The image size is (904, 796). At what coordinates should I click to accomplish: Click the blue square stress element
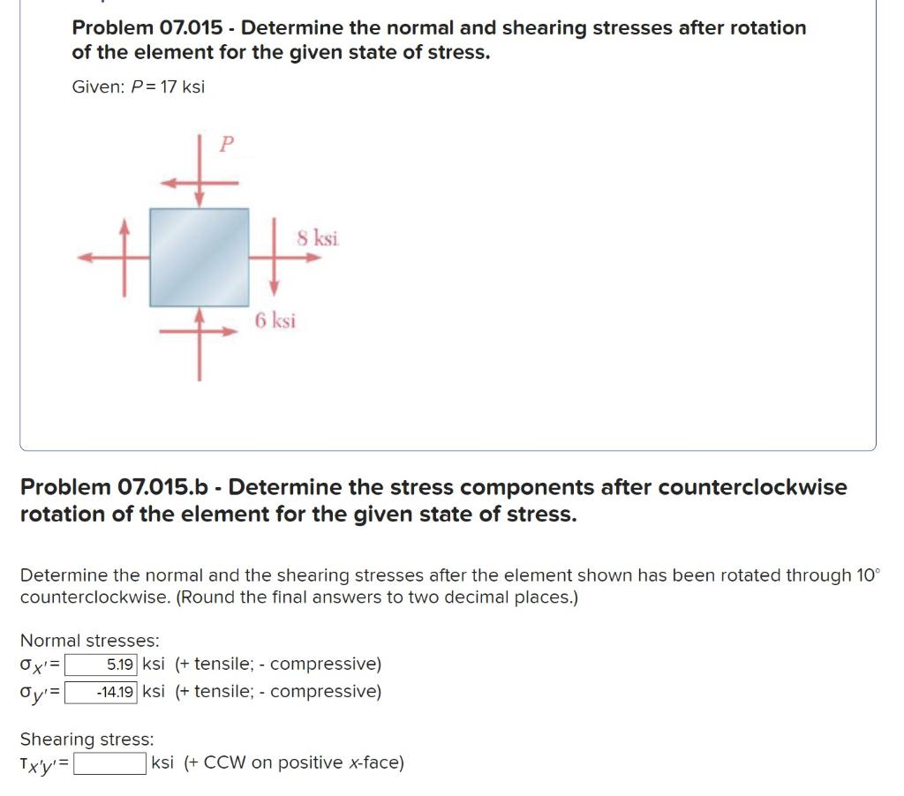(x=199, y=257)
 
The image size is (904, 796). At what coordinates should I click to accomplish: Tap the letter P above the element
(x=226, y=144)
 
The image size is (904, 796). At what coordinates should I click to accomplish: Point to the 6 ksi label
(x=275, y=320)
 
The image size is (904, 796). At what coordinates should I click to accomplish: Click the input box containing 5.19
(x=102, y=664)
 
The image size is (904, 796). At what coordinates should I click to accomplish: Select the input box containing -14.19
(x=102, y=691)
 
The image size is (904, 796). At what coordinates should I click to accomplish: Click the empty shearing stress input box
(x=110, y=762)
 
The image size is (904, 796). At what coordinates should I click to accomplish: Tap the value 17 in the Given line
(x=168, y=87)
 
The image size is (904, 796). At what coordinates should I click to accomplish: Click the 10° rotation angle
(x=868, y=575)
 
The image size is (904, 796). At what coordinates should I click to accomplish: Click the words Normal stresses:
(x=89, y=640)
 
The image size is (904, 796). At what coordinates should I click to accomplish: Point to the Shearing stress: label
(x=87, y=739)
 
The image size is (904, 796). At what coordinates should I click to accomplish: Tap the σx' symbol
(x=36, y=665)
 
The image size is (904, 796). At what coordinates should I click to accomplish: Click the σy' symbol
(x=36, y=692)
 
